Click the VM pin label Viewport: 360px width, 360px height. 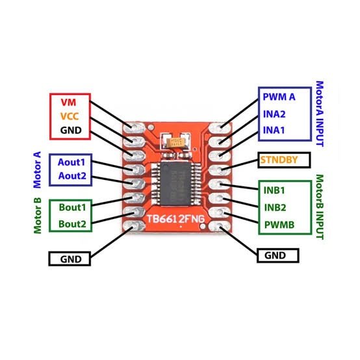[x=68, y=103]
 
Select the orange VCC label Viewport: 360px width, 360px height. [x=69, y=116]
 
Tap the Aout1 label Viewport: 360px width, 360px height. [x=76, y=162]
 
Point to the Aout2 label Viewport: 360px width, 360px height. [x=76, y=176]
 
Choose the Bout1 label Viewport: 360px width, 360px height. [x=77, y=207]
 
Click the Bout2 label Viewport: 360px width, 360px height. [x=77, y=224]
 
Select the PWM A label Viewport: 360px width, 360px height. [x=279, y=97]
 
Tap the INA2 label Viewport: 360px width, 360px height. [x=274, y=114]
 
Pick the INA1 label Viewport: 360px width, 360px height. [x=274, y=131]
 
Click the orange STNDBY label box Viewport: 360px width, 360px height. [x=284, y=159]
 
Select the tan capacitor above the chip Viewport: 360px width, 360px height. [x=176, y=143]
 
